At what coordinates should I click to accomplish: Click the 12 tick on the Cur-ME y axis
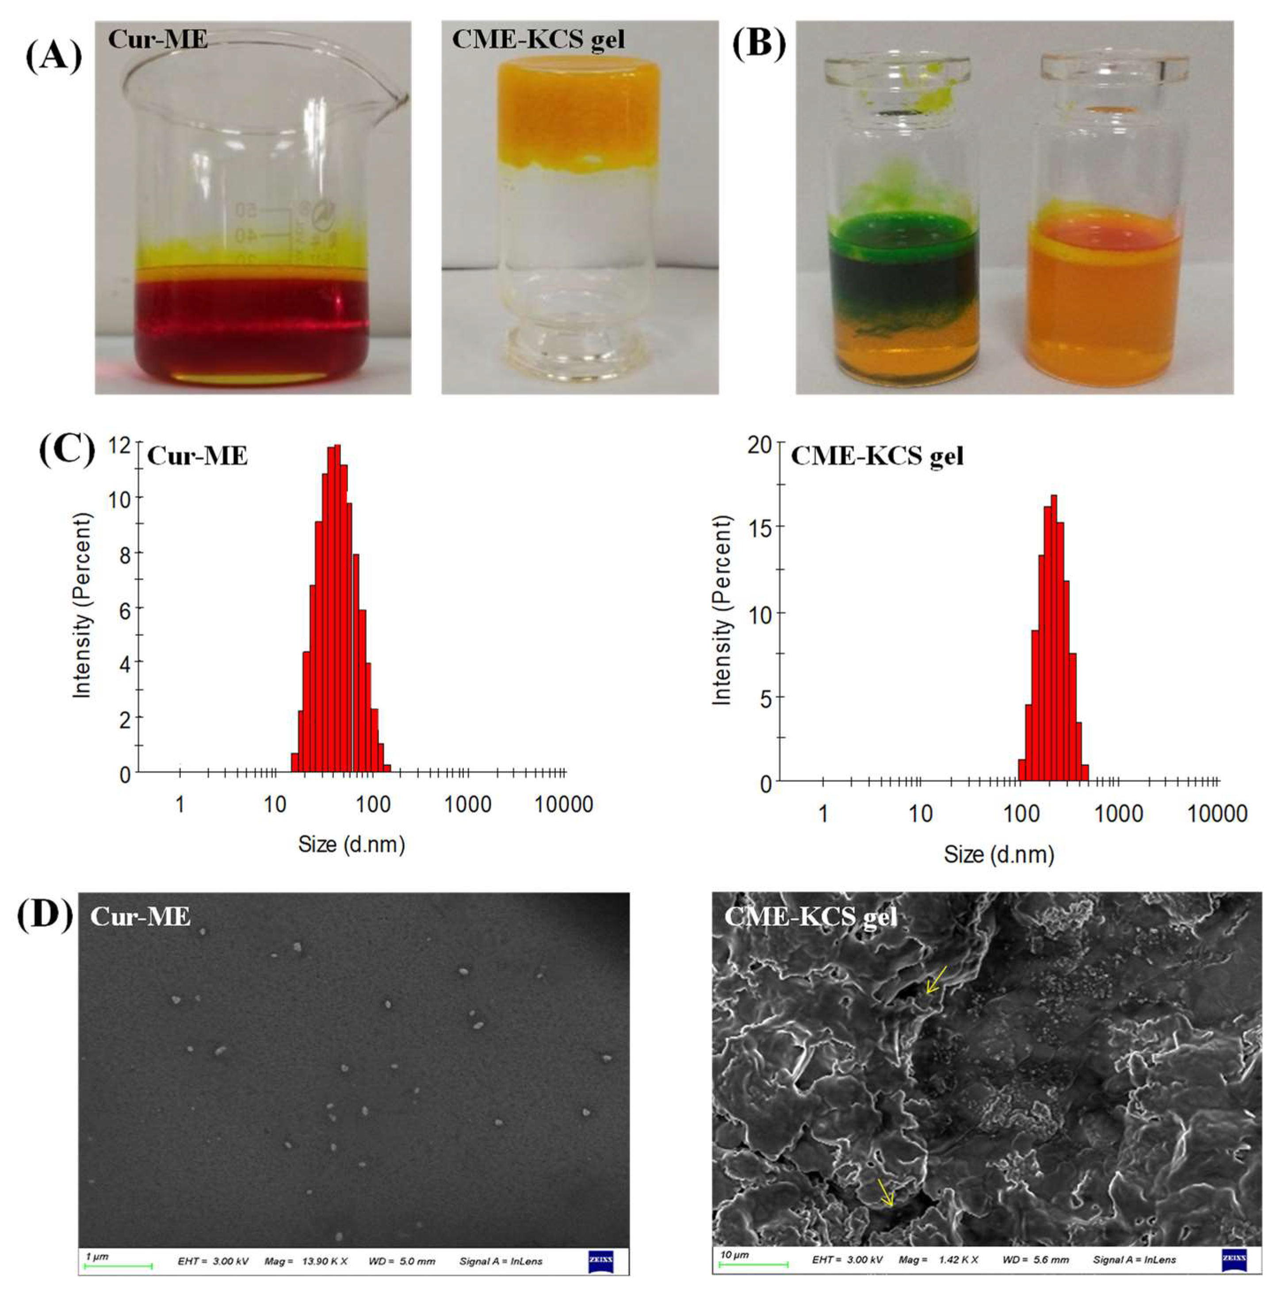120,444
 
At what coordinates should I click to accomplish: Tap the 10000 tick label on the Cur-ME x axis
563,804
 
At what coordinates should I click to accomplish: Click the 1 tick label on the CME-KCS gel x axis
823,814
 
